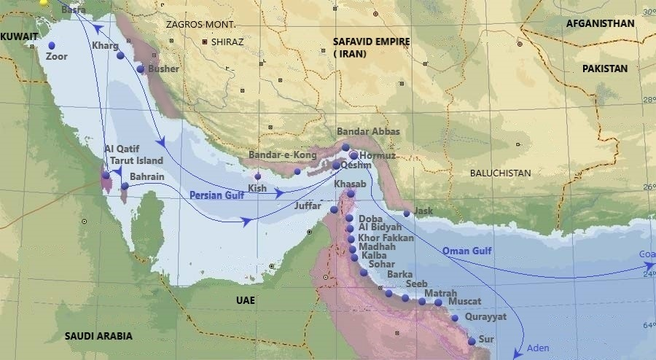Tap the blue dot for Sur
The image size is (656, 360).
click(x=472, y=341)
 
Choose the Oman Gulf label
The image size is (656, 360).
click(x=467, y=251)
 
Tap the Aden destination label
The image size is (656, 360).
click(x=537, y=348)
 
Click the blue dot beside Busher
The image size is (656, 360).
click(x=141, y=69)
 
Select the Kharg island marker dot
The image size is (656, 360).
click(x=120, y=55)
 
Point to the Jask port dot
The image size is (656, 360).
click(x=407, y=214)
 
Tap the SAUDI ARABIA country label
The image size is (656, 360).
click(x=98, y=336)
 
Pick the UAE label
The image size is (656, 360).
click(x=246, y=300)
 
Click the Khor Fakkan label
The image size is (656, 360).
click(x=386, y=238)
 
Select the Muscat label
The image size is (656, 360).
click(x=465, y=300)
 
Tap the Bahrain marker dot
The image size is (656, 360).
click(x=125, y=187)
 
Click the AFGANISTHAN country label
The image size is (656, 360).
click(x=600, y=23)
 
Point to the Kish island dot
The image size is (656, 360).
click(x=257, y=176)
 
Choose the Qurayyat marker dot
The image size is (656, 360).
click(x=455, y=318)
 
